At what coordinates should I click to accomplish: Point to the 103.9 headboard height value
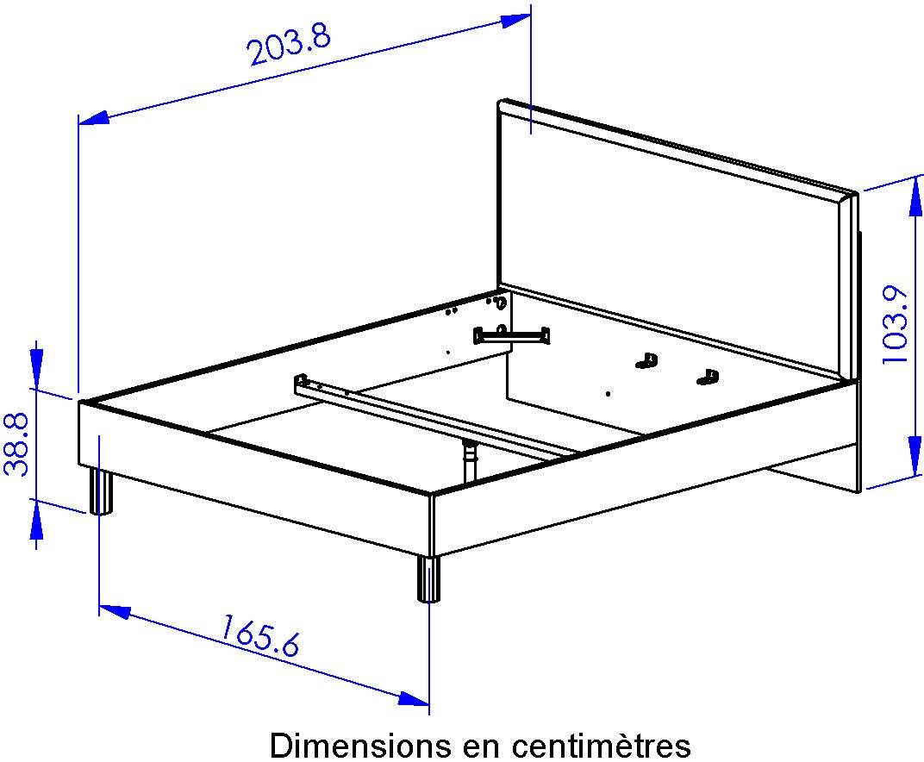pos(897,325)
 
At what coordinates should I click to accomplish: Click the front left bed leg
pos(101,491)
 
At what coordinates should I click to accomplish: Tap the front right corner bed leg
pos(428,579)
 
